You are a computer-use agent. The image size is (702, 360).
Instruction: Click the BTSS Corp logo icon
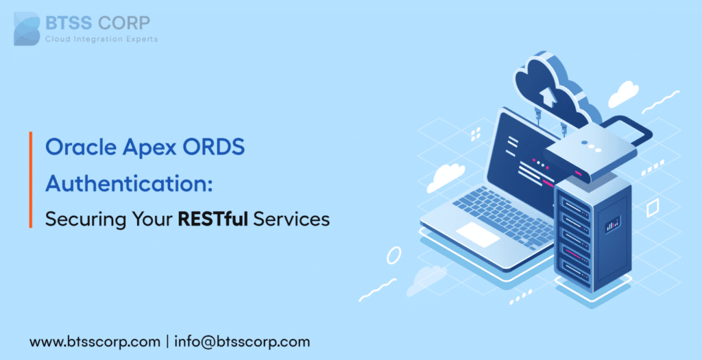26,28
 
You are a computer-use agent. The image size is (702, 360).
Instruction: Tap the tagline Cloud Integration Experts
101,39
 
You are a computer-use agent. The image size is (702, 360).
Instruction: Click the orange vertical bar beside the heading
32,180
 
